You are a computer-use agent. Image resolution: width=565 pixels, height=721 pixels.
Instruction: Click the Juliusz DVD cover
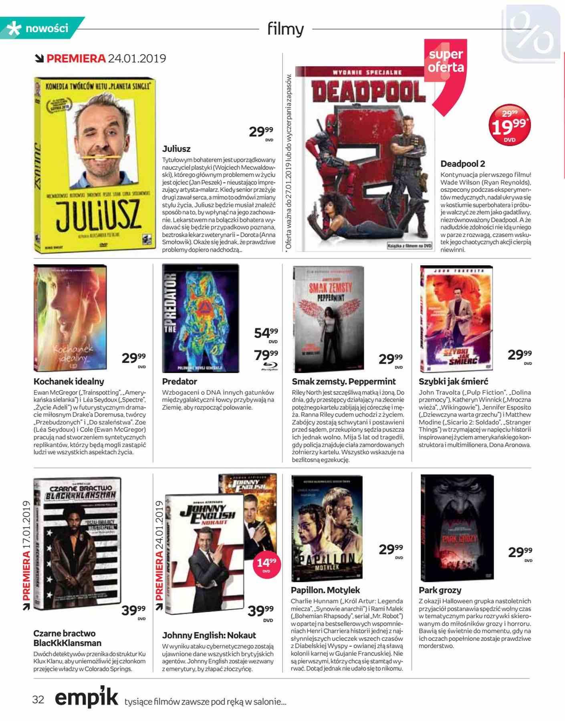(x=95, y=165)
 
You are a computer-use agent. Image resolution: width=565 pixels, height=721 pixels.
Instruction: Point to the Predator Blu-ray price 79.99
(x=266, y=355)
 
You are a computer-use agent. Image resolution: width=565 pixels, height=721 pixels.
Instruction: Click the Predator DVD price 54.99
(x=266, y=333)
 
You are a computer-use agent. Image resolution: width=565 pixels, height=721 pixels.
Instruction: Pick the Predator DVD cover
(x=200, y=318)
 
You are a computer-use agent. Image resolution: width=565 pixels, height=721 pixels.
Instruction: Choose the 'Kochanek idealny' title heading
(x=69, y=381)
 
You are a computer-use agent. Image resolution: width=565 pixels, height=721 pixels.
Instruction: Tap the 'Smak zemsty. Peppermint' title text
(x=343, y=381)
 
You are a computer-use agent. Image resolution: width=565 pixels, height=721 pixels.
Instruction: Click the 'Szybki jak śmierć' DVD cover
(x=456, y=319)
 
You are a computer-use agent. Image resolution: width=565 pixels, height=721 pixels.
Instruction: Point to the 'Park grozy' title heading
(x=440, y=590)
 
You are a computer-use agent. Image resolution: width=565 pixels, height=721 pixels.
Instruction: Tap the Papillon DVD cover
(x=327, y=528)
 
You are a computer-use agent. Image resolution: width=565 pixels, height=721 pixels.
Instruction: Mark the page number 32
(x=38, y=699)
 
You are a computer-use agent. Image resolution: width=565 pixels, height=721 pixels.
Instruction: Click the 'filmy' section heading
(x=285, y=29)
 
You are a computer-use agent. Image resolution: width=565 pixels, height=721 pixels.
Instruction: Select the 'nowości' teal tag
(x=42, y=28)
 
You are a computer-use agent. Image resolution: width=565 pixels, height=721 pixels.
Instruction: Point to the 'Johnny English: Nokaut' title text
(x=209, y=635)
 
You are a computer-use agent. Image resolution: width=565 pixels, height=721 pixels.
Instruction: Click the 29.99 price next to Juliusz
(x=261, y=132)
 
